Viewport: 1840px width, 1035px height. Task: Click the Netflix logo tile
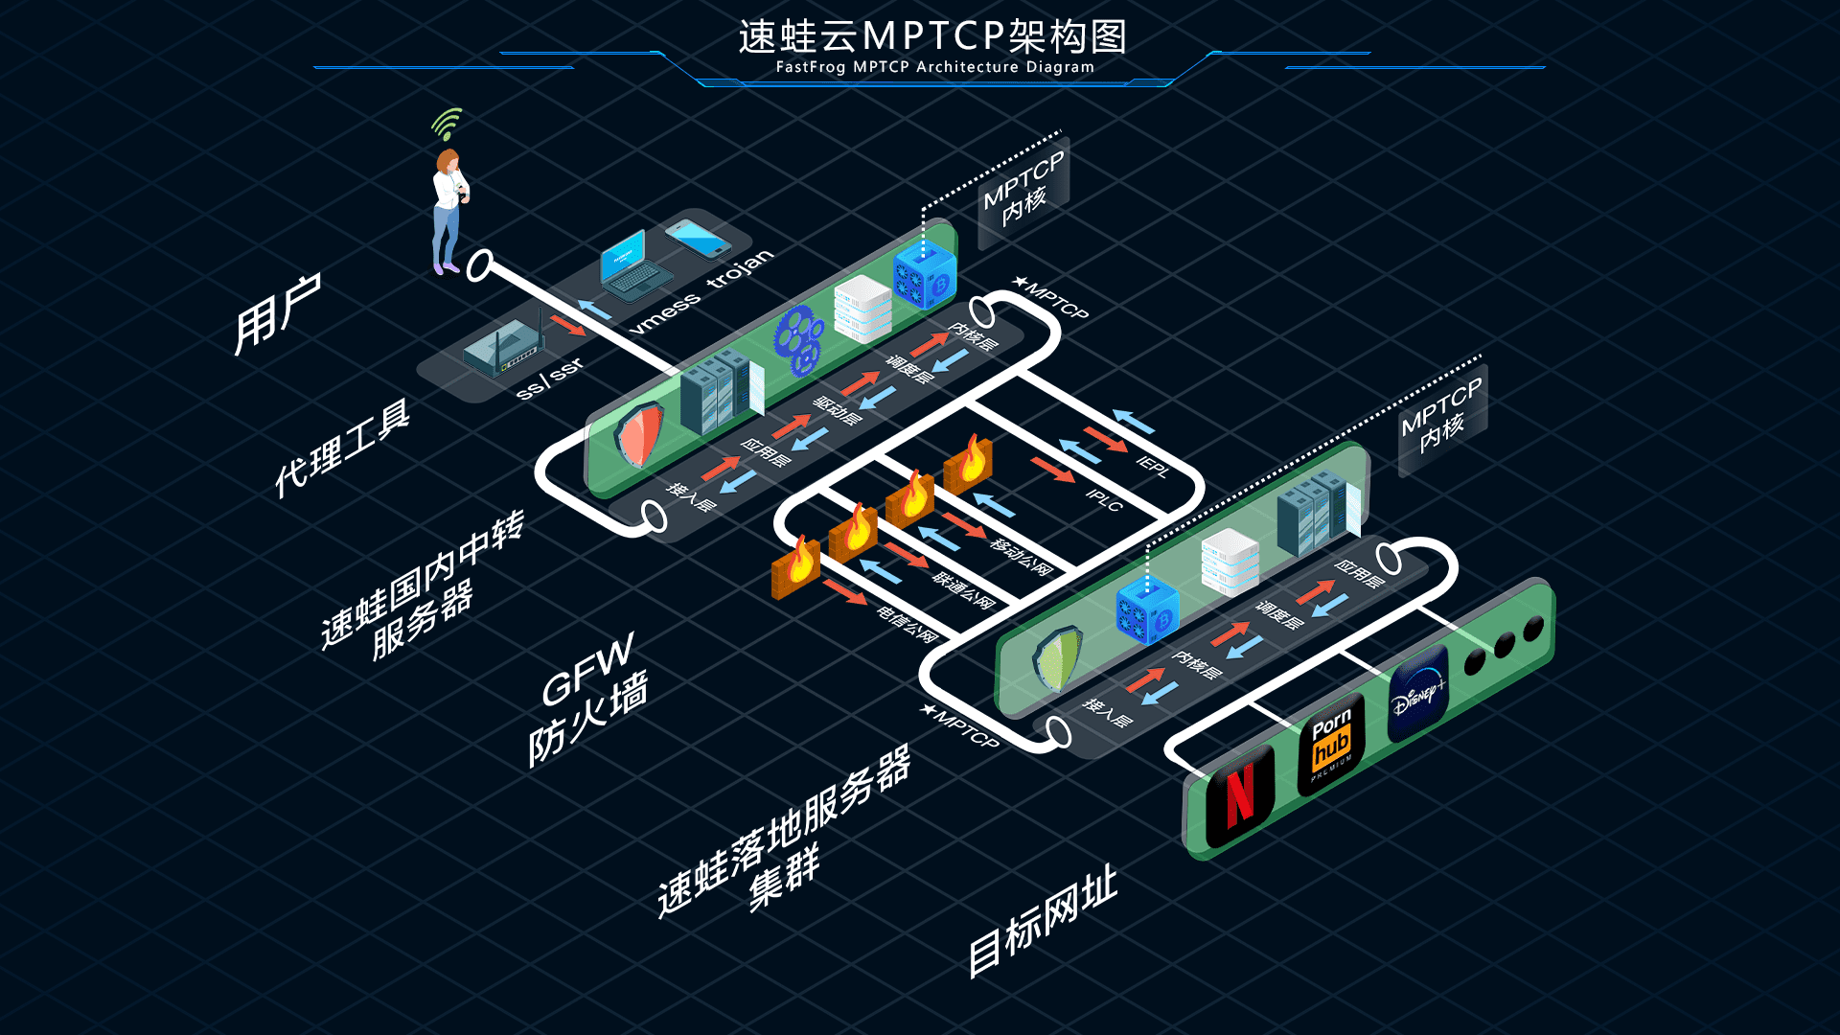[1240, 796]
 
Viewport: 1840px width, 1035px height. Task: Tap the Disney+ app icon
[1418, 694]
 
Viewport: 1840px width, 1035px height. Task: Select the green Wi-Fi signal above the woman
[447, 124]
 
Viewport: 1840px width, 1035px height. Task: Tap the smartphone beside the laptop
[699, 238]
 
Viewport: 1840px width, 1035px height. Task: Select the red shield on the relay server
[639, 435]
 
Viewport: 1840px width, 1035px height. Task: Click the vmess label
[665, 312]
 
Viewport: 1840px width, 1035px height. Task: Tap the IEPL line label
[1153, 467]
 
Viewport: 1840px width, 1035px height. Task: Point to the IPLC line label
[1104, 499]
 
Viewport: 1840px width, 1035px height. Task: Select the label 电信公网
[907, 624]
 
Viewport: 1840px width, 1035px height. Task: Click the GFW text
[586, 668]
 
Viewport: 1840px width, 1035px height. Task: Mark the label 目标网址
[1043, 920]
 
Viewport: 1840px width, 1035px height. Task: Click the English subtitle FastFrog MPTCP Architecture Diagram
[934, 67]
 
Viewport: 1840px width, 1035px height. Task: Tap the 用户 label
[277, 313]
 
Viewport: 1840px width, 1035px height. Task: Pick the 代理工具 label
[342, 448]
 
